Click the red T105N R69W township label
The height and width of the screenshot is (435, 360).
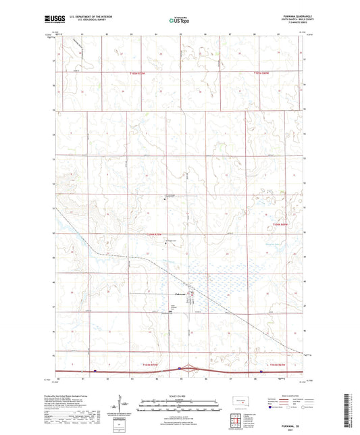280,224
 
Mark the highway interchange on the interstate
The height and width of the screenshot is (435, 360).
180,369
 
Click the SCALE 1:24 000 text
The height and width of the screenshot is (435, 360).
179,396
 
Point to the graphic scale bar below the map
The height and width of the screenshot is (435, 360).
179,403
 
